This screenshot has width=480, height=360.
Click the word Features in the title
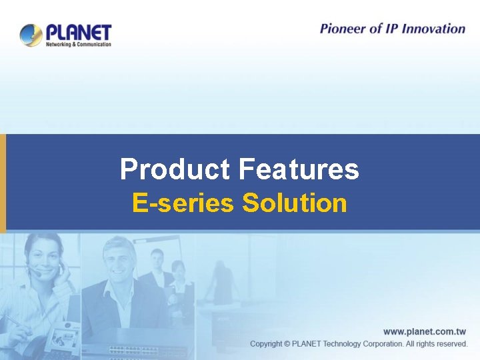tap(298, 169)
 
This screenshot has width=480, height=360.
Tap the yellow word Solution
tap(295, 203)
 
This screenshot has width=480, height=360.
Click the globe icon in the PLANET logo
tap(31, 35)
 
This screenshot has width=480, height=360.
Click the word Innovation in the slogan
tap(431, 29)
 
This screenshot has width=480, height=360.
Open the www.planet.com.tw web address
tap(425, 331)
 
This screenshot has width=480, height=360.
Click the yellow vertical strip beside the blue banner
tap(3, 183)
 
